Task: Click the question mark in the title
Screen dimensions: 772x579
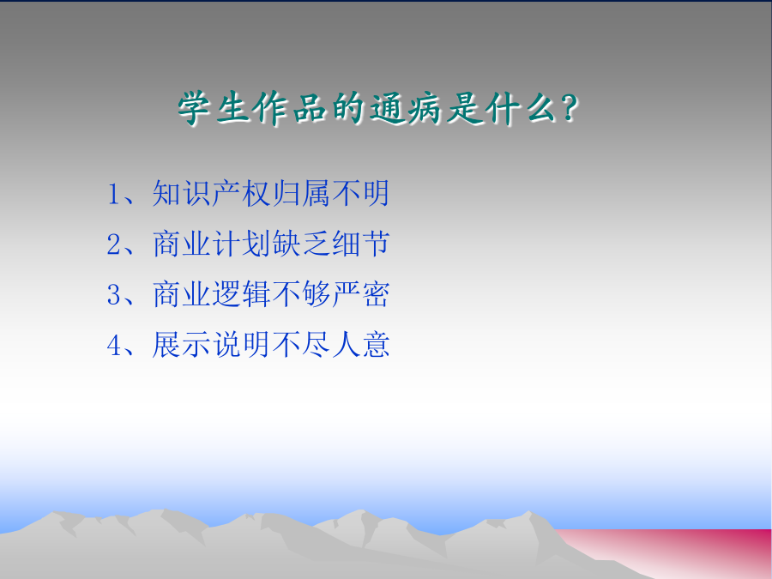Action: click(569, 108)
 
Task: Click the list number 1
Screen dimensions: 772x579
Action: click(113, 194)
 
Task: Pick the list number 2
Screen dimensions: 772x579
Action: click(113, 244)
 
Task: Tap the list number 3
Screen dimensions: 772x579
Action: click(113, 294)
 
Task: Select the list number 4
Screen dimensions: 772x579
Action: click(114, 345)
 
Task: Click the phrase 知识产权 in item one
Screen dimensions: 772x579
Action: click(211, 193)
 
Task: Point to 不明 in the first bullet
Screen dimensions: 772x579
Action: click(360, 193)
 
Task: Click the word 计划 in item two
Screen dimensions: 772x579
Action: click(241, 244)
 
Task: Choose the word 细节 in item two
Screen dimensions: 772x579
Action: click(360, 244)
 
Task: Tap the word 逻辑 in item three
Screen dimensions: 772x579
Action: click(241, 294)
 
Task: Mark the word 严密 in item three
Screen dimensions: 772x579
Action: click(360, 294)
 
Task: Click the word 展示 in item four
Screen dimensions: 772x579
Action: click(182, 344)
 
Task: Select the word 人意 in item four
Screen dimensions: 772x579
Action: click(360, 344)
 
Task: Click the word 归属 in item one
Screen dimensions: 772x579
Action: click(301, 193)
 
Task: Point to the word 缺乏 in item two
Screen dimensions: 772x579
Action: click(301, 244)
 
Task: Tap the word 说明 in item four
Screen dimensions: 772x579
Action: click(241, 344)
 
